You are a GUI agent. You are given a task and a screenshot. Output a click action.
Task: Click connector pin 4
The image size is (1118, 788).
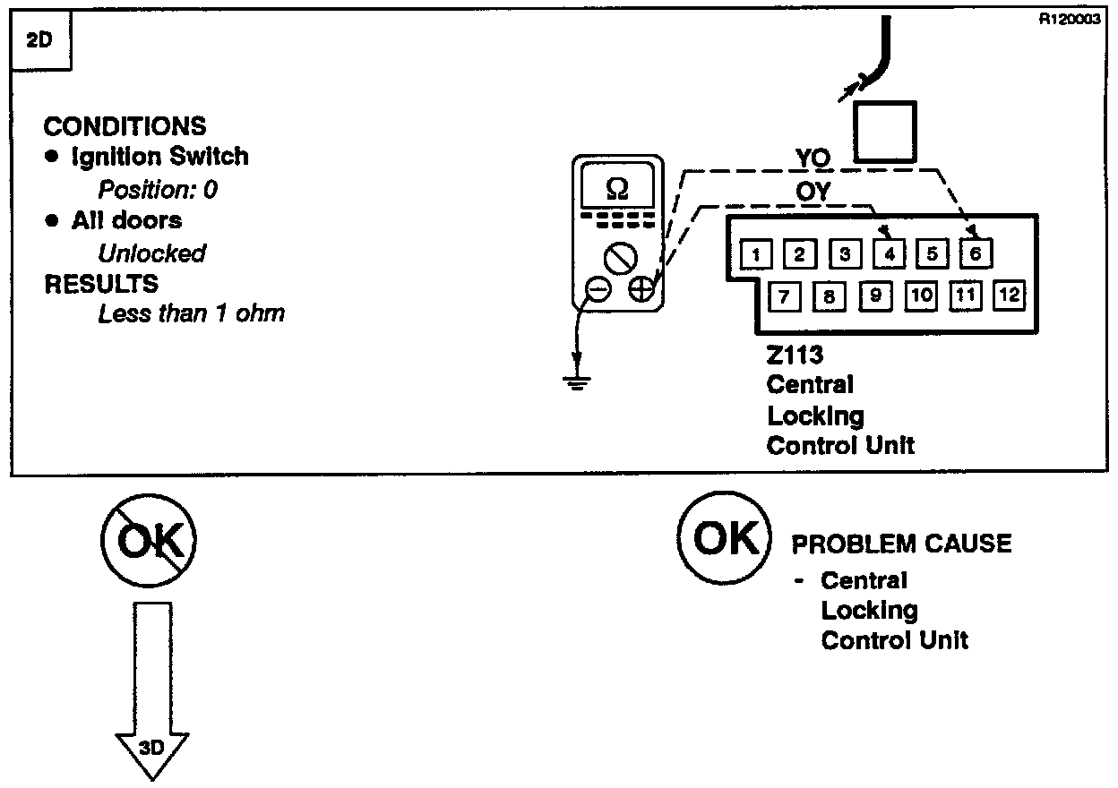pyautogui.click(x=888, y=254)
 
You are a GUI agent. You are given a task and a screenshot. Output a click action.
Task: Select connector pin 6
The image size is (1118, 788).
pyautogui.click(x=975, y=253)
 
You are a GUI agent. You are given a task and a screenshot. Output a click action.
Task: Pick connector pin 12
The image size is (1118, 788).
pyautogui.click(x=1008, y=295)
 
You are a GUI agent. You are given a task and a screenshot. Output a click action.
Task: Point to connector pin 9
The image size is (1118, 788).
pyautogui.click(x=875, y=295)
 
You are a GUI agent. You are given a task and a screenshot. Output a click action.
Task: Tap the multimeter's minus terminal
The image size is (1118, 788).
pyautogui.click(x=598, y=289)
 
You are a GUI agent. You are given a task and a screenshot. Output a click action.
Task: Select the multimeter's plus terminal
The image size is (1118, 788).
pyautogui.click(x=641, y=289)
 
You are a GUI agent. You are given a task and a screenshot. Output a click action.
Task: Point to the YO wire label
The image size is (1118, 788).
pyautogui.click(x=813, y=158)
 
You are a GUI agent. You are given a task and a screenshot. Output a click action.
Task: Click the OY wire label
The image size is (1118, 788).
pyautogui.click(x=813, y=192)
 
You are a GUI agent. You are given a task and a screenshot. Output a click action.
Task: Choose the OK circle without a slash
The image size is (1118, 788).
pyautogui.click(x=724, y=537)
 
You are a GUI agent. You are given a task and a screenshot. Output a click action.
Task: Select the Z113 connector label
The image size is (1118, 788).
pyautogui.click(x=795, y=355)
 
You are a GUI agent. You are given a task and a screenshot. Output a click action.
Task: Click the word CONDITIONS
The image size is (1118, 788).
pyautogui.click(x=125, y=126)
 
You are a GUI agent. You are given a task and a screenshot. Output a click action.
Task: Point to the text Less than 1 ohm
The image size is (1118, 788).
pyautogui.click(x=191, y=314)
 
